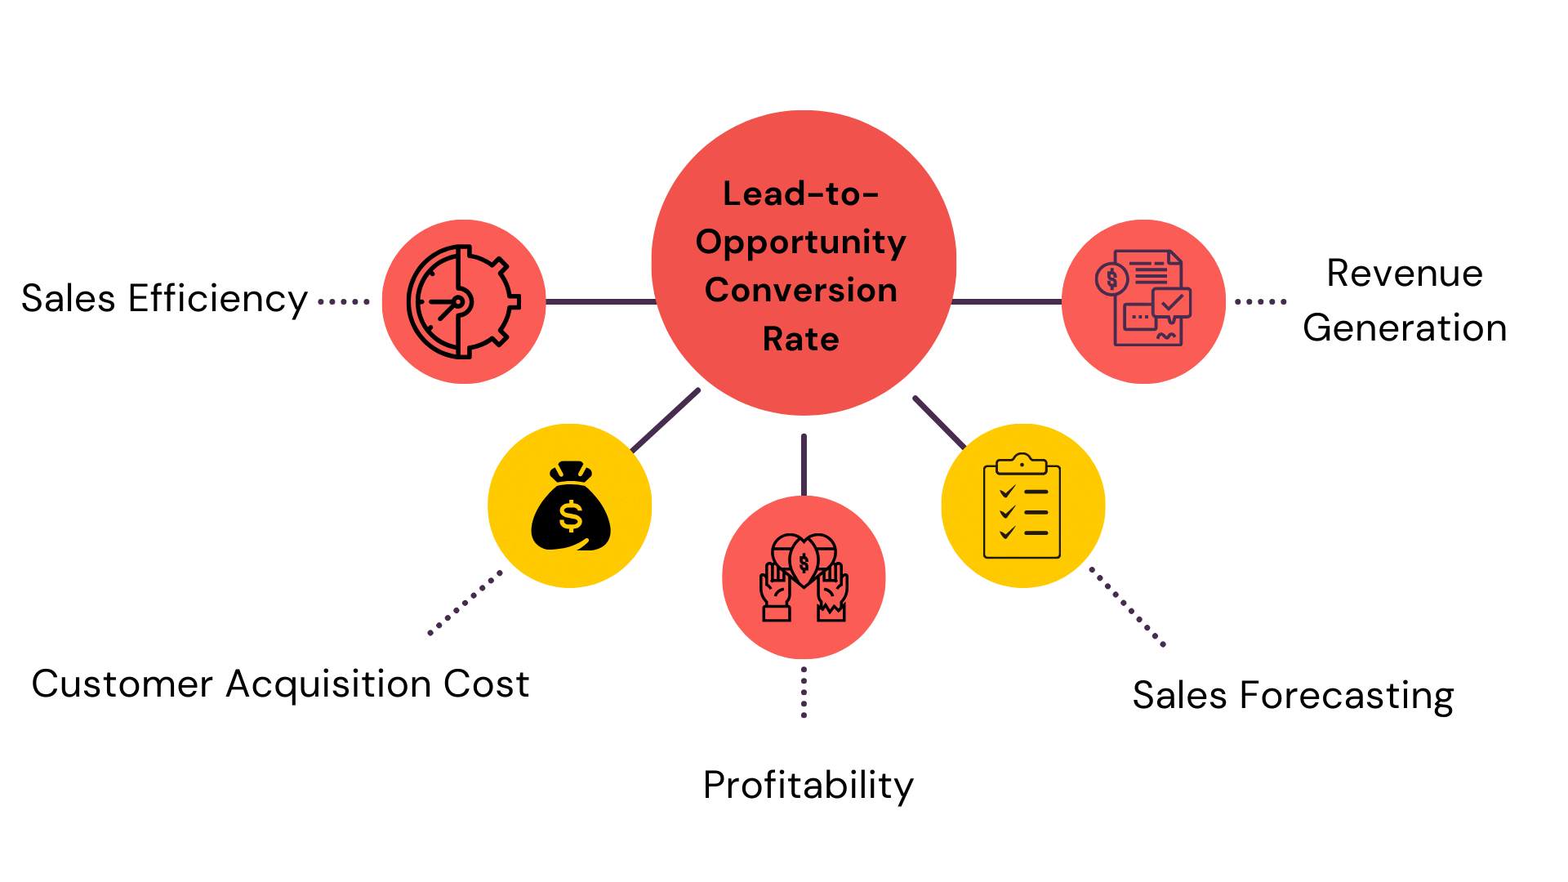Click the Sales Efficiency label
(163, 299)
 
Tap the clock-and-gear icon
(463, 301)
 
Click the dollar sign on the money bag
(570, 516)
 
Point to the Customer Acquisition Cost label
(280, 684)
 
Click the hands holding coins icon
(804, 577)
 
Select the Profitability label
(808, 786)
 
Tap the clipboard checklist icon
(1022, 506)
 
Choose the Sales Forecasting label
(1293, 696)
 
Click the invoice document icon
(1143, 299)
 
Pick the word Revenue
(1404, 274)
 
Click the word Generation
(1404, 328)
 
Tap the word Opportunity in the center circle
(800, 243)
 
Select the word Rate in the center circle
(800, 339)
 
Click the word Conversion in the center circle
(800, 291)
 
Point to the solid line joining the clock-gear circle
(599, 302)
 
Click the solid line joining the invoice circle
(1006, 302)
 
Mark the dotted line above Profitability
(804, 692)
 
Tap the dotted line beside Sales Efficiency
(344, 302)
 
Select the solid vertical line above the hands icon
(804, 464)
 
